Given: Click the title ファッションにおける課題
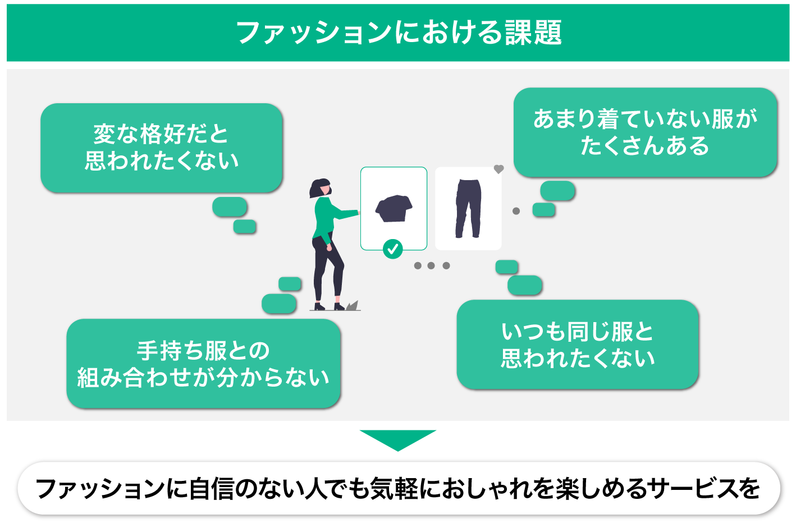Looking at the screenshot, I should [x=398, y=32].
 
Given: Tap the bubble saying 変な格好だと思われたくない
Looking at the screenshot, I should [x=162, y=148].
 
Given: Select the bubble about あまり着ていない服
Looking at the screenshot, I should [x=645, y=132].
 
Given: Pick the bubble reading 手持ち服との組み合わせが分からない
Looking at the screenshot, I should [x=203, y=364].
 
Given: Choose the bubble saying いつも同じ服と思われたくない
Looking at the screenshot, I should [x=578, y=345].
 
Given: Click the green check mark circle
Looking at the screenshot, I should [x=393, y=249].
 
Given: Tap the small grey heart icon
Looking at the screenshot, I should [x=498, y=169].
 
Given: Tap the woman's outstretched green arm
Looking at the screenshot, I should [x=344, y=214].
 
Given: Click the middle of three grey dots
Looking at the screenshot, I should [x=431, y=265].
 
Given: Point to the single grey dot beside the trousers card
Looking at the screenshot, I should [x=516, y=211].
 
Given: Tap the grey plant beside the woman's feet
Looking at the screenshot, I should [x=351, y=306].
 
